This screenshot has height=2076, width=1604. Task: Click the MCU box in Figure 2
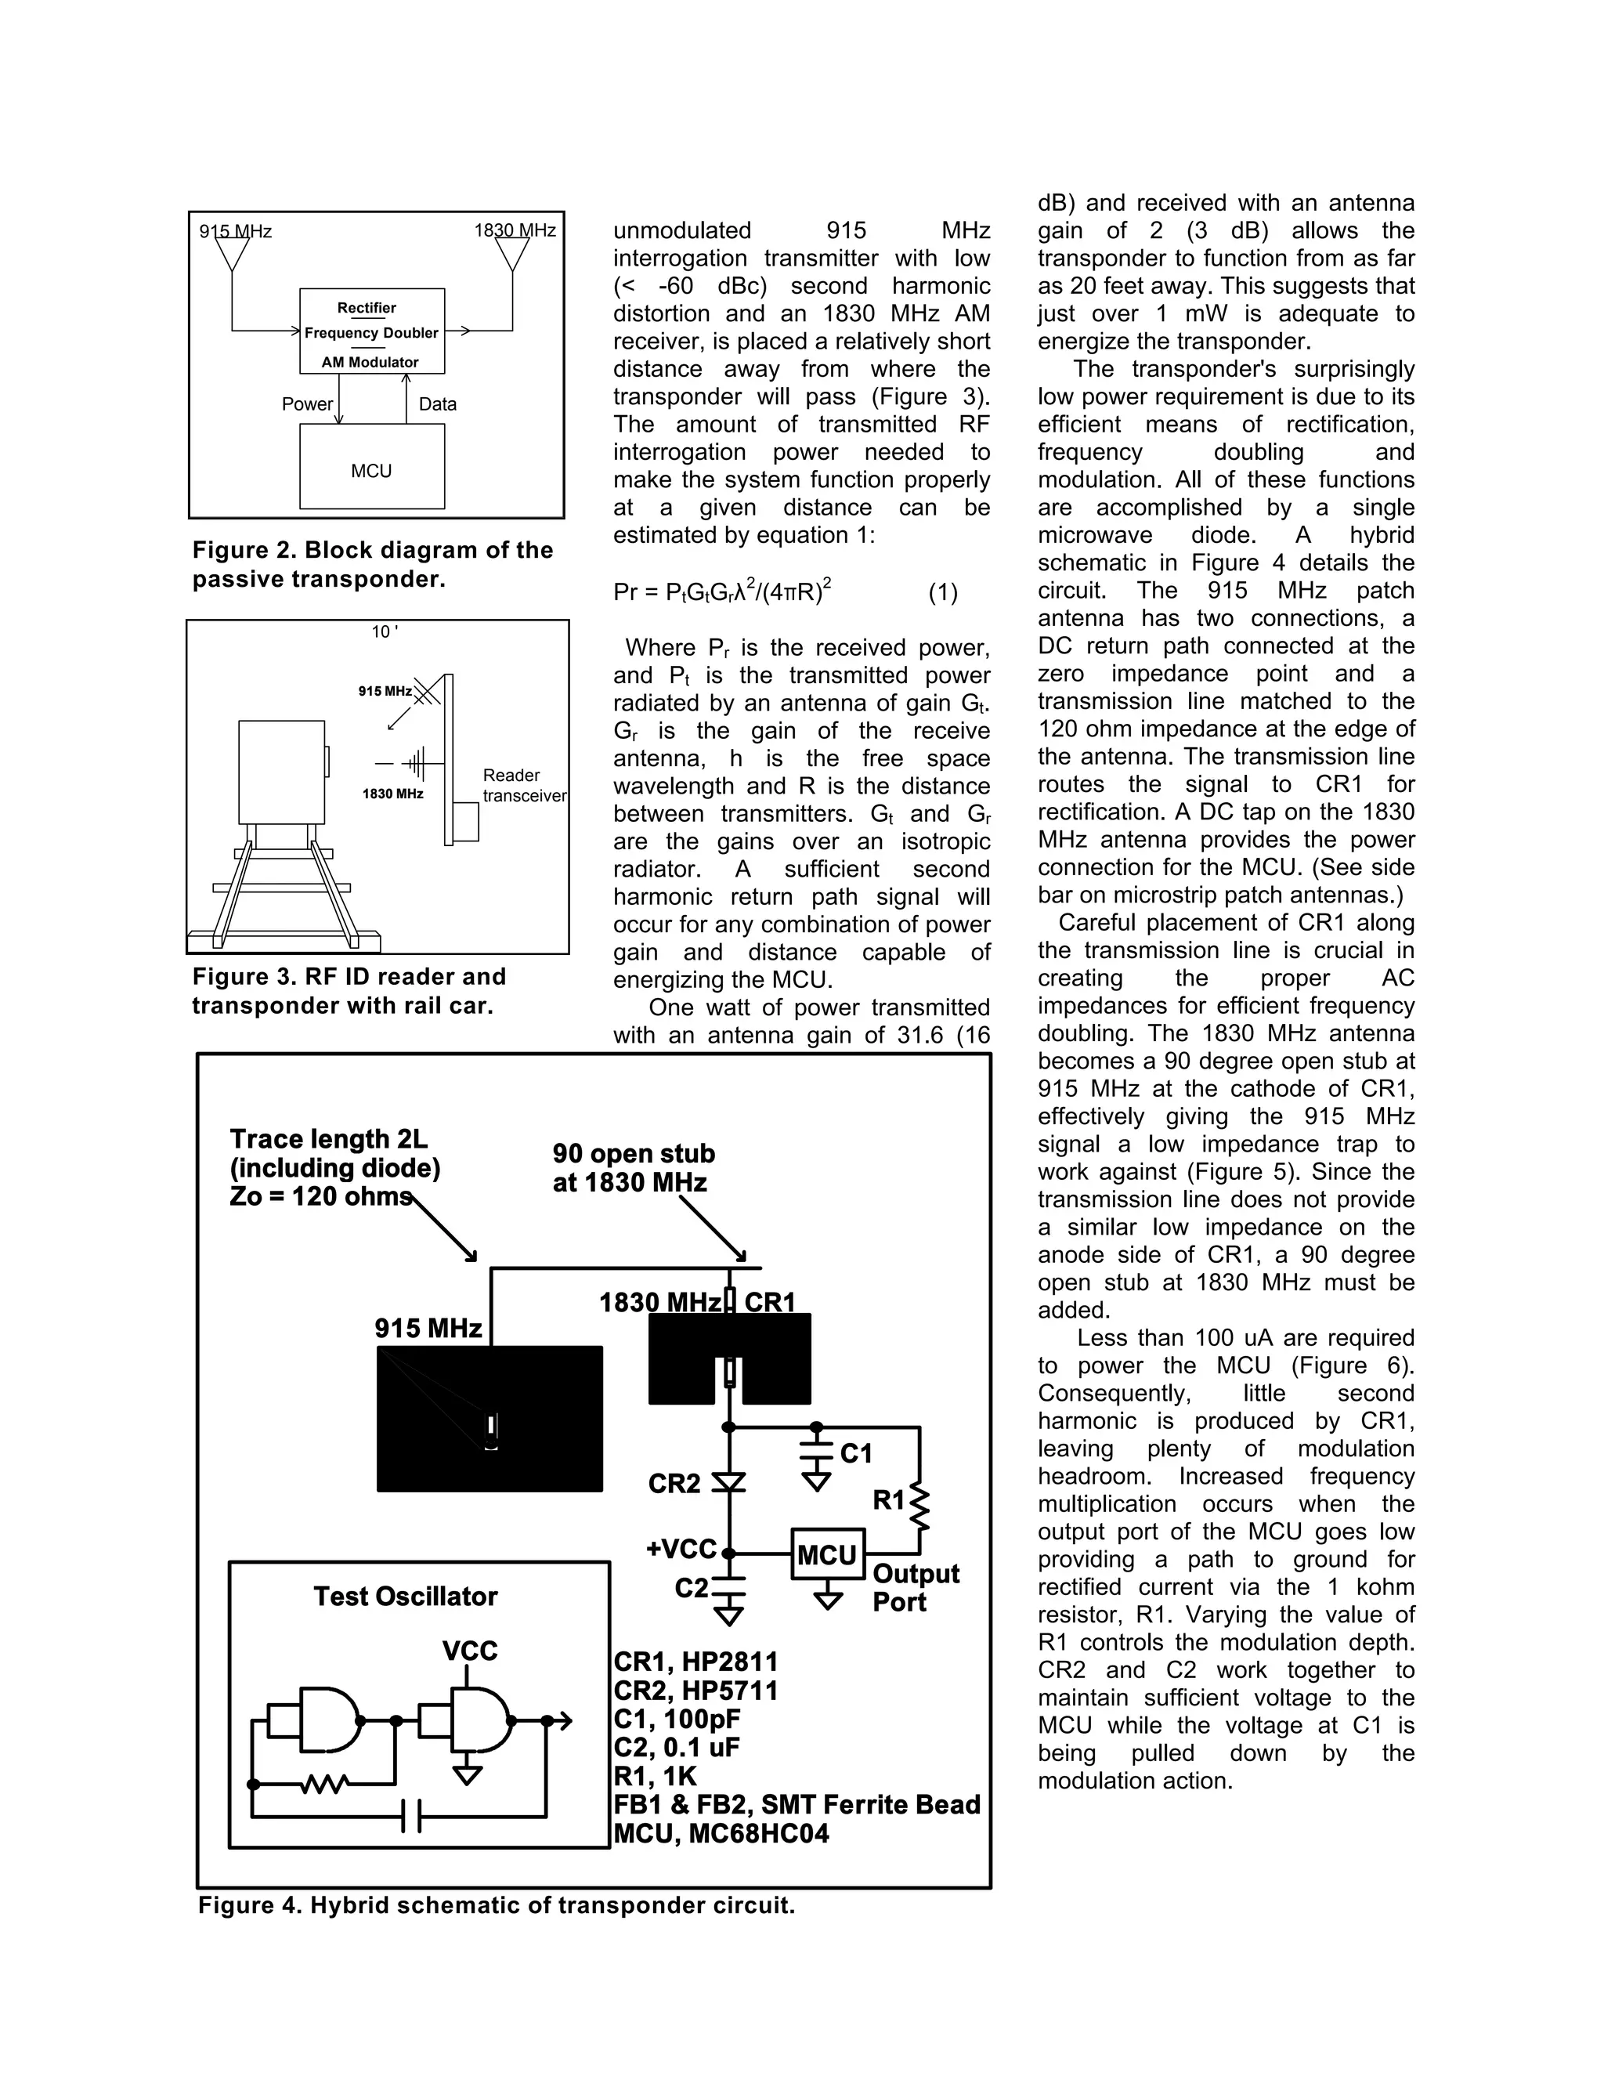click(x=371, y=467)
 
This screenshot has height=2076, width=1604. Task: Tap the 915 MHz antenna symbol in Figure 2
click(x=232, y=254)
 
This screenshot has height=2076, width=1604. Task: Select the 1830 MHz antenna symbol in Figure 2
click(x=512, y=254)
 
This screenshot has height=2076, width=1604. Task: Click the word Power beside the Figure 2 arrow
click(x=307, y=404)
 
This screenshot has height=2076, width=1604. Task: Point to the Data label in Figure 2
click(x=437, y=404)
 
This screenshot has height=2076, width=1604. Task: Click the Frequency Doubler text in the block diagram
click(x=371, y=333)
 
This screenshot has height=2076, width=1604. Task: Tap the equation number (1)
click(x=943, y=593)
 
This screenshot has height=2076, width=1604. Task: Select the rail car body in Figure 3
click(x=281, y=772)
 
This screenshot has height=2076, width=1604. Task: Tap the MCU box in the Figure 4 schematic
click(x=828, y=1555)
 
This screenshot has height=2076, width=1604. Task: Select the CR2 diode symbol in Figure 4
click(x=729, y=1483)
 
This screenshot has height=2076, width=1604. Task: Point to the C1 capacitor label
click(x=856, y=1453)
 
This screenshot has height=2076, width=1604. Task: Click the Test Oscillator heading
click(x=406, y=1596)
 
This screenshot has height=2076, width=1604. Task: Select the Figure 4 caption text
click(x=496, y=1905)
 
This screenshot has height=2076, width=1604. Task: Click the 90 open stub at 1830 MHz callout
click(x=633, y=1167)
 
